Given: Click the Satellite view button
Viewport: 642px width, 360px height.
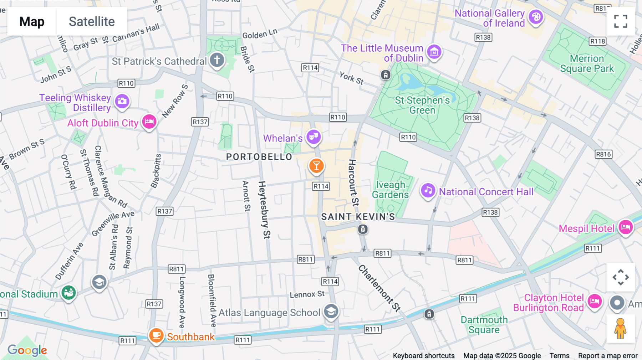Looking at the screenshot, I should click(x=92, y=21).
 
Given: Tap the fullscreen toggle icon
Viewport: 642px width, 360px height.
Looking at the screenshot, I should click(x=621, y=21).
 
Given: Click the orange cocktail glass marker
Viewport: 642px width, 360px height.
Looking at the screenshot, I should click(x=316, y=166).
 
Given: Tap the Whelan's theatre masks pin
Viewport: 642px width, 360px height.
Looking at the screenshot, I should click(x=314, y=137).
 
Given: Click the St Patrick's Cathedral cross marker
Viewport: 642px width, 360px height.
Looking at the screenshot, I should click(x=217, y=60).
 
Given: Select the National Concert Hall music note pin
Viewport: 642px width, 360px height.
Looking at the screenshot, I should click(x=428, y=190).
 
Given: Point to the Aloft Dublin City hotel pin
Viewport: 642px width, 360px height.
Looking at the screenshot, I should click(x=149, y=122).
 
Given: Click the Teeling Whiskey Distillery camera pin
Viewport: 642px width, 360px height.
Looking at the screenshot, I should click(x=122, y=101).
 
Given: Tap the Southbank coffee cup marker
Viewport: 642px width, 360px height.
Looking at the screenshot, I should click(x=156, y=335).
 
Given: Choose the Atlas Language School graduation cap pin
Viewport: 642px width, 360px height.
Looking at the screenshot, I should click(x=331, y=311).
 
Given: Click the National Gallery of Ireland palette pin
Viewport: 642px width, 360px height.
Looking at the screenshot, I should click(x=536, y=17).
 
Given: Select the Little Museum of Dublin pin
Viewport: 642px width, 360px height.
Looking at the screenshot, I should click(x=434, y=52).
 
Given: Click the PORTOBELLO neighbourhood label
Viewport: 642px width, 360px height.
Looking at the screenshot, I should click(x=259, y=157).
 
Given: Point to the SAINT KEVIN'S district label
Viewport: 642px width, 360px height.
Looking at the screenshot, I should click(x=358, y=217).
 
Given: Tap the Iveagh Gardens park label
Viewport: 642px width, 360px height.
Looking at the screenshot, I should click(x=390, y=190).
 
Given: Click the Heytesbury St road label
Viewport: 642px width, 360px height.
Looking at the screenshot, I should click(x=264, y=210).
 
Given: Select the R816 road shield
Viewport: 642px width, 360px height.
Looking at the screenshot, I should click(x=603, y=154).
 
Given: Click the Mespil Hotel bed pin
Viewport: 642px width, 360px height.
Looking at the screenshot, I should click(x=626, y=227).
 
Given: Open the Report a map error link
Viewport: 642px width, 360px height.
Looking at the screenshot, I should click(x=607, y=356).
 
